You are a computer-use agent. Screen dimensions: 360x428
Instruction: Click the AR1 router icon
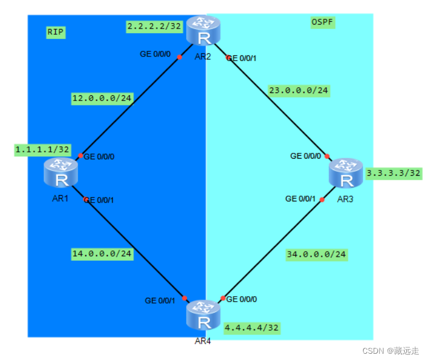62,173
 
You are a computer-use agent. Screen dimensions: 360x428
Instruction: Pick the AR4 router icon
203,315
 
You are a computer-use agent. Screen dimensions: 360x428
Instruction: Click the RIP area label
55,33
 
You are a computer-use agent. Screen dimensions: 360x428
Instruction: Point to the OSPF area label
322,22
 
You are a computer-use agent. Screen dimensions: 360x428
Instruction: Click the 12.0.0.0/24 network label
102,99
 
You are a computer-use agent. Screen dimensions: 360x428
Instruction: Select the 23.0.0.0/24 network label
299,90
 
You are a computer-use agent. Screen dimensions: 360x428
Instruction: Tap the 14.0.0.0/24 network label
102,253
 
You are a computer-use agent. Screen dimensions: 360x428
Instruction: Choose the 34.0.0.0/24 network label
317,254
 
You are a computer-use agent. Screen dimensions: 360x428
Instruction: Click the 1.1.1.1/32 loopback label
42,149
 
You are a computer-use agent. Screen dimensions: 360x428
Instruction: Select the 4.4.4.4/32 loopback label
251,327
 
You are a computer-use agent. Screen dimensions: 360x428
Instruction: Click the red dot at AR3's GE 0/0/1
322,200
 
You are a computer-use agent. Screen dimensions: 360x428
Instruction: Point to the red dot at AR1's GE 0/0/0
80,156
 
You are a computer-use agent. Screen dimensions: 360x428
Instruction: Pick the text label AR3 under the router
345,200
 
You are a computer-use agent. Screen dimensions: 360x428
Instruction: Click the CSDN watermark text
382,350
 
